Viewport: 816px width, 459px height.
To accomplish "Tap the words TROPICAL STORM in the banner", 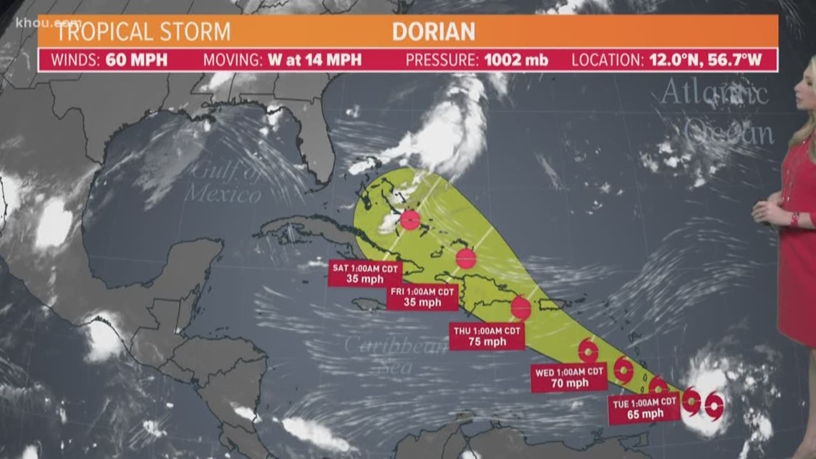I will pos(143,32).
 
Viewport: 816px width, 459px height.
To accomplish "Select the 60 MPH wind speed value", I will pos(137,59).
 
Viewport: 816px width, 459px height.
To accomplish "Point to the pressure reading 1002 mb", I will pos(515,59).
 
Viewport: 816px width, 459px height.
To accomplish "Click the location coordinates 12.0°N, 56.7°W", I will pos(705,59).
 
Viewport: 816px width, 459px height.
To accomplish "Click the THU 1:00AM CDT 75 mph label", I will pos(487,336).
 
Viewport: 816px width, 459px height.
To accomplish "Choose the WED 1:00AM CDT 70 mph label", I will pos(569,377).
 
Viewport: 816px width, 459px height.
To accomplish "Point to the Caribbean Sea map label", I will pos(386,353).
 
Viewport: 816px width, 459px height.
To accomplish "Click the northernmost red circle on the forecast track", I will pos(410,220).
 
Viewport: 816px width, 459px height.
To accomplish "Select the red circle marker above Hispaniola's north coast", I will pos(466,259).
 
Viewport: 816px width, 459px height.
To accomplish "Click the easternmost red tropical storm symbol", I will pos(714,407).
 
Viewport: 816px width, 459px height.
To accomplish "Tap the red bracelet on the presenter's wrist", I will pos(794,218).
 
